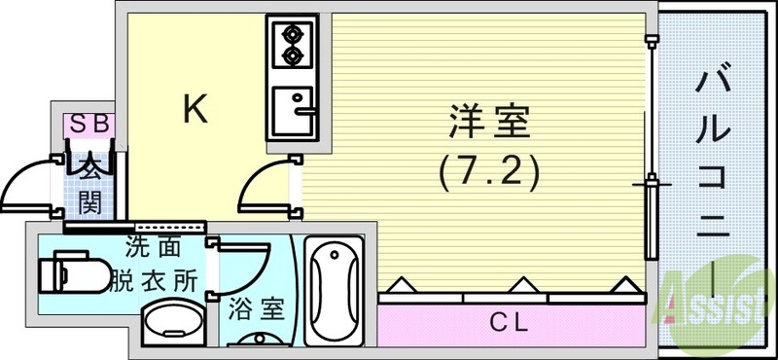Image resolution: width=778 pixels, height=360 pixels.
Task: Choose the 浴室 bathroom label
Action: pyautogui.click(x=256, y=310)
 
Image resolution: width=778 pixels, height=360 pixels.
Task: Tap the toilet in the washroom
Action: pyautogui.click(x=76, y=272)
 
